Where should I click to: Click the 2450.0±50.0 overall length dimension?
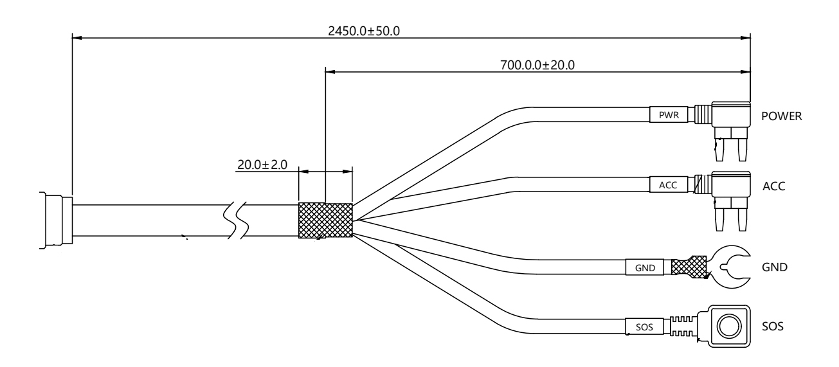coord(364,31)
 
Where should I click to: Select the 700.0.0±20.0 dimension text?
coord(537,65)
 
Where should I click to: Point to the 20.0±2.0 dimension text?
coord(262,165)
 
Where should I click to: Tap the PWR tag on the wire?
coord(669,114)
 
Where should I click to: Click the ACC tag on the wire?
coord(669,184)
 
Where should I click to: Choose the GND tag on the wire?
coord(645,267)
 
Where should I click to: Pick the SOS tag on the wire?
coord(644,327)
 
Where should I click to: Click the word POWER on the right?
coord(781,116)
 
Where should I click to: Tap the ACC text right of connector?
coord(774,186)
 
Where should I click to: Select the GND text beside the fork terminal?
coord(775,267)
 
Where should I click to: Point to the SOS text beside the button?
coord(772,326)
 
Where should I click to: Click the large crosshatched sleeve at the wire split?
coord(325,220)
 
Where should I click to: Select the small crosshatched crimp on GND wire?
coord(689,267)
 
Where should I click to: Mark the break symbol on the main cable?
coord(236,220)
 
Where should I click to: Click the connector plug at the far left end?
coord(56,220)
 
